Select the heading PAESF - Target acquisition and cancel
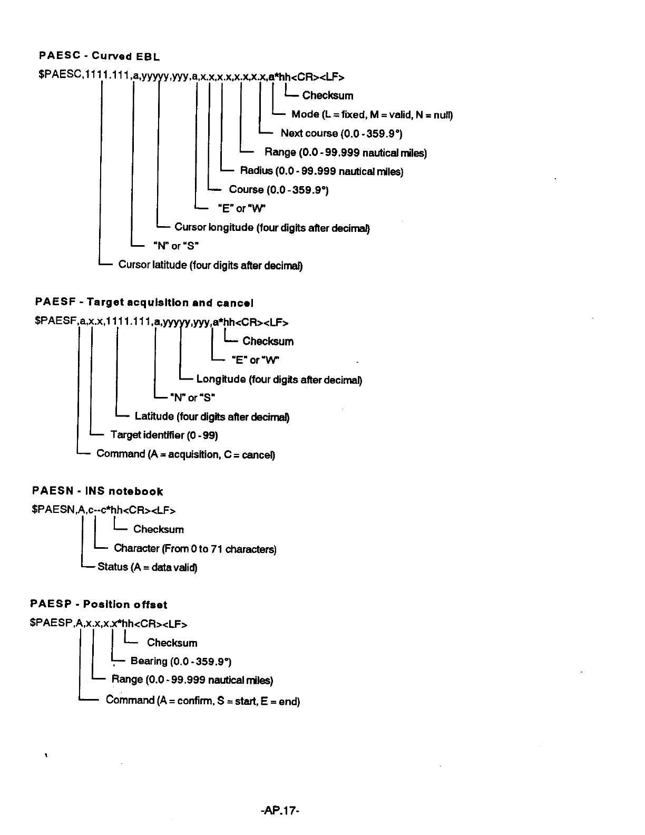click(x=144, y=303)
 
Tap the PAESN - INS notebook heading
click(x=97, y=491)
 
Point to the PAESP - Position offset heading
click(x=99, y=605)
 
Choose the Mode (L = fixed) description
click(x=372, y=114)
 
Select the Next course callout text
click(x=341, y=133)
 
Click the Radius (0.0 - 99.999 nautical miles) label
click(x=321, y=171)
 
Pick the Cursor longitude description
click(x=272, y=228)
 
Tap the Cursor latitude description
click(x=210, y=265)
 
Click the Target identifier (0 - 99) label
click(x=164, y=435)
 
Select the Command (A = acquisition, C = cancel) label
click(x=185, y=454)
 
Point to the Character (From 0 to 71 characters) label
click(x=195, y=549)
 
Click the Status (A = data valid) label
click(x=147, y=567)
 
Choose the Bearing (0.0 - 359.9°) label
click(x=181, y=661)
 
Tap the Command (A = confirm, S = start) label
click(x=202, y=701)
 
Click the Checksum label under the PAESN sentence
click(x=158, y=529)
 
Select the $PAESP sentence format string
click(x=109, y=624)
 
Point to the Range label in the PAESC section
click(x=345, y=152)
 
